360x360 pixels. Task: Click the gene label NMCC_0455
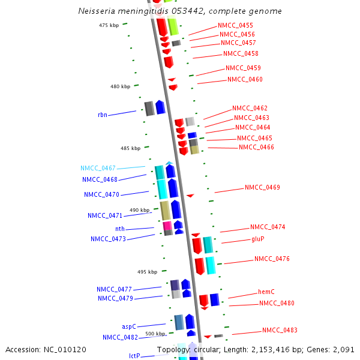pyautogui.click(x=235, y=25)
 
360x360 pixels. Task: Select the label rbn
pyautogui.click(x=103, y=115)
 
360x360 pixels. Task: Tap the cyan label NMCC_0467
pyautogui.click(x=98, y=169)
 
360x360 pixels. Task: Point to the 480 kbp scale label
pyautogui.click(x=120, y=87)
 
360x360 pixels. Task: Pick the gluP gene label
pyautogui.click(x=258, y=239)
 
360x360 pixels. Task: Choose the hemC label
pyautogui.click(x=266, y=292)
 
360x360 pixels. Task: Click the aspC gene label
pyautogui.click(x=129, y=326)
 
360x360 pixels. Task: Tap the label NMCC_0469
pyautogui.click(x=262, y=188)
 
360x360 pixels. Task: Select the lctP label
pyautogui.click(x=134, y=356)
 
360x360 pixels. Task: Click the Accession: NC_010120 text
pyautogui.click(x=46, y=349)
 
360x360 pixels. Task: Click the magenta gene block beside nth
pyautogui.click(x=167, y=226)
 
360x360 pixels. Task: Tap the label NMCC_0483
pyautogui.click(x=280, y=331)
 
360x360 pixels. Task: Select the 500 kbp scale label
pyautogui.click(x=155, y=334)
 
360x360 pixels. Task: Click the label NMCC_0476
pyautogui.click(x=272, y=259)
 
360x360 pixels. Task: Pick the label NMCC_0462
pyautogui.click(x=250, y=109)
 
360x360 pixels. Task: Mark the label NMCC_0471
pyautogui.click(x=105, y=215)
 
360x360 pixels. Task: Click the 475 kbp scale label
pyautogui.click(x=109, y=25)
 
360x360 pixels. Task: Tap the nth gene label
pyautogui.click(x=120, y=229)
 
